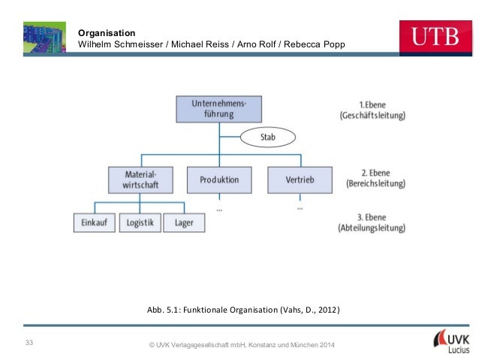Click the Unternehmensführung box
pos(218,108)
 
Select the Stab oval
pos(268,138)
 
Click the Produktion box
pos(219,180)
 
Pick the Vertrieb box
pos(300,180)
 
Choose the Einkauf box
pos(94,222)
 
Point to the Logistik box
pos(140,222)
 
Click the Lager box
pos(184,222)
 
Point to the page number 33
pos(29,343)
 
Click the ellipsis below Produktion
pos(218,208)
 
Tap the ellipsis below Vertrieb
pos(300,205)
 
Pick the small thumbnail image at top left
pos(45,37)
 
